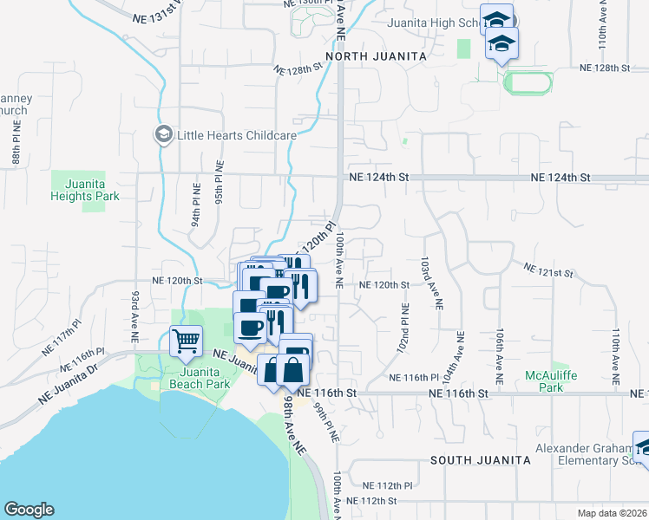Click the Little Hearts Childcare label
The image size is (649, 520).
237,135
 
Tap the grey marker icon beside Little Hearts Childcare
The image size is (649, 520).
162,134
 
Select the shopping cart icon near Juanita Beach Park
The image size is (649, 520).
187,341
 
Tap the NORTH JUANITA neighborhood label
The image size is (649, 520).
376,56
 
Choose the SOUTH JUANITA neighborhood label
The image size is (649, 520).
479,459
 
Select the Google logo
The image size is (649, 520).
29,510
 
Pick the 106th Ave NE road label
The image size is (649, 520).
500,356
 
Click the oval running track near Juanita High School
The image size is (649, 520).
526,83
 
